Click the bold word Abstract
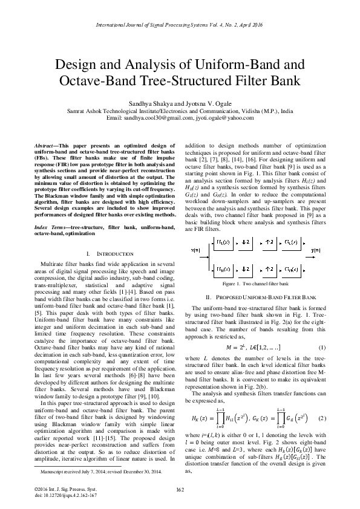point(46,147)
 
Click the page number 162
point(180,488)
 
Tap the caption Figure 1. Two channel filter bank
point(255,282)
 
